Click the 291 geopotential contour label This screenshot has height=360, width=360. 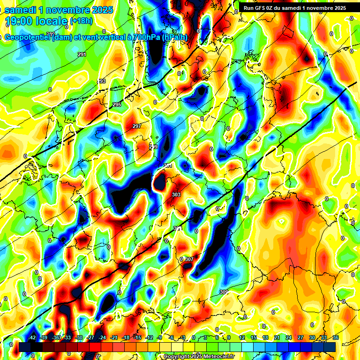click(x=82, y=55)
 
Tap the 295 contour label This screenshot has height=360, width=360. click(x=117, y=105)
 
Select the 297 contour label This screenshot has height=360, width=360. click(x=137, y=127)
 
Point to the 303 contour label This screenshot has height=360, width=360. click(x=176, y=194)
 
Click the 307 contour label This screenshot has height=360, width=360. click(x=189, y=259)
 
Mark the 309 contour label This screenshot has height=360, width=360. click(x=224, y=292)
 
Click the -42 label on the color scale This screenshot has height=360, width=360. click(x=32, y=337)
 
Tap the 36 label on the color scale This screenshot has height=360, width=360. click(x=336, y=337)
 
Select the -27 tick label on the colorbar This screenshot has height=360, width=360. click(x=90, y=337)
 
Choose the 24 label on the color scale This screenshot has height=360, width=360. click(x=289, y=337)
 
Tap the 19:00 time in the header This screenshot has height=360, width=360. click(x=21, y=21)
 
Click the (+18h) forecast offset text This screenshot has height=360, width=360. click(x=81, y=21)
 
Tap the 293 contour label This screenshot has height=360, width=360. click(x=101, y=81)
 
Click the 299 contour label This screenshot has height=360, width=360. click(x=153, y=147)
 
